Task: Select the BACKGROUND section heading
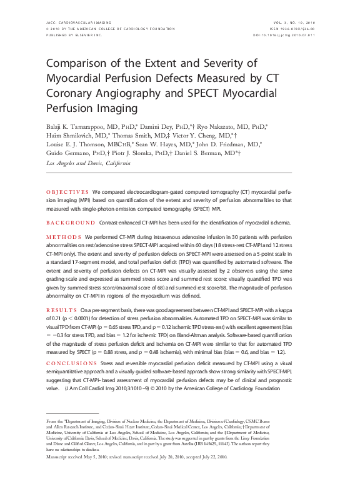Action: click(71, 222)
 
